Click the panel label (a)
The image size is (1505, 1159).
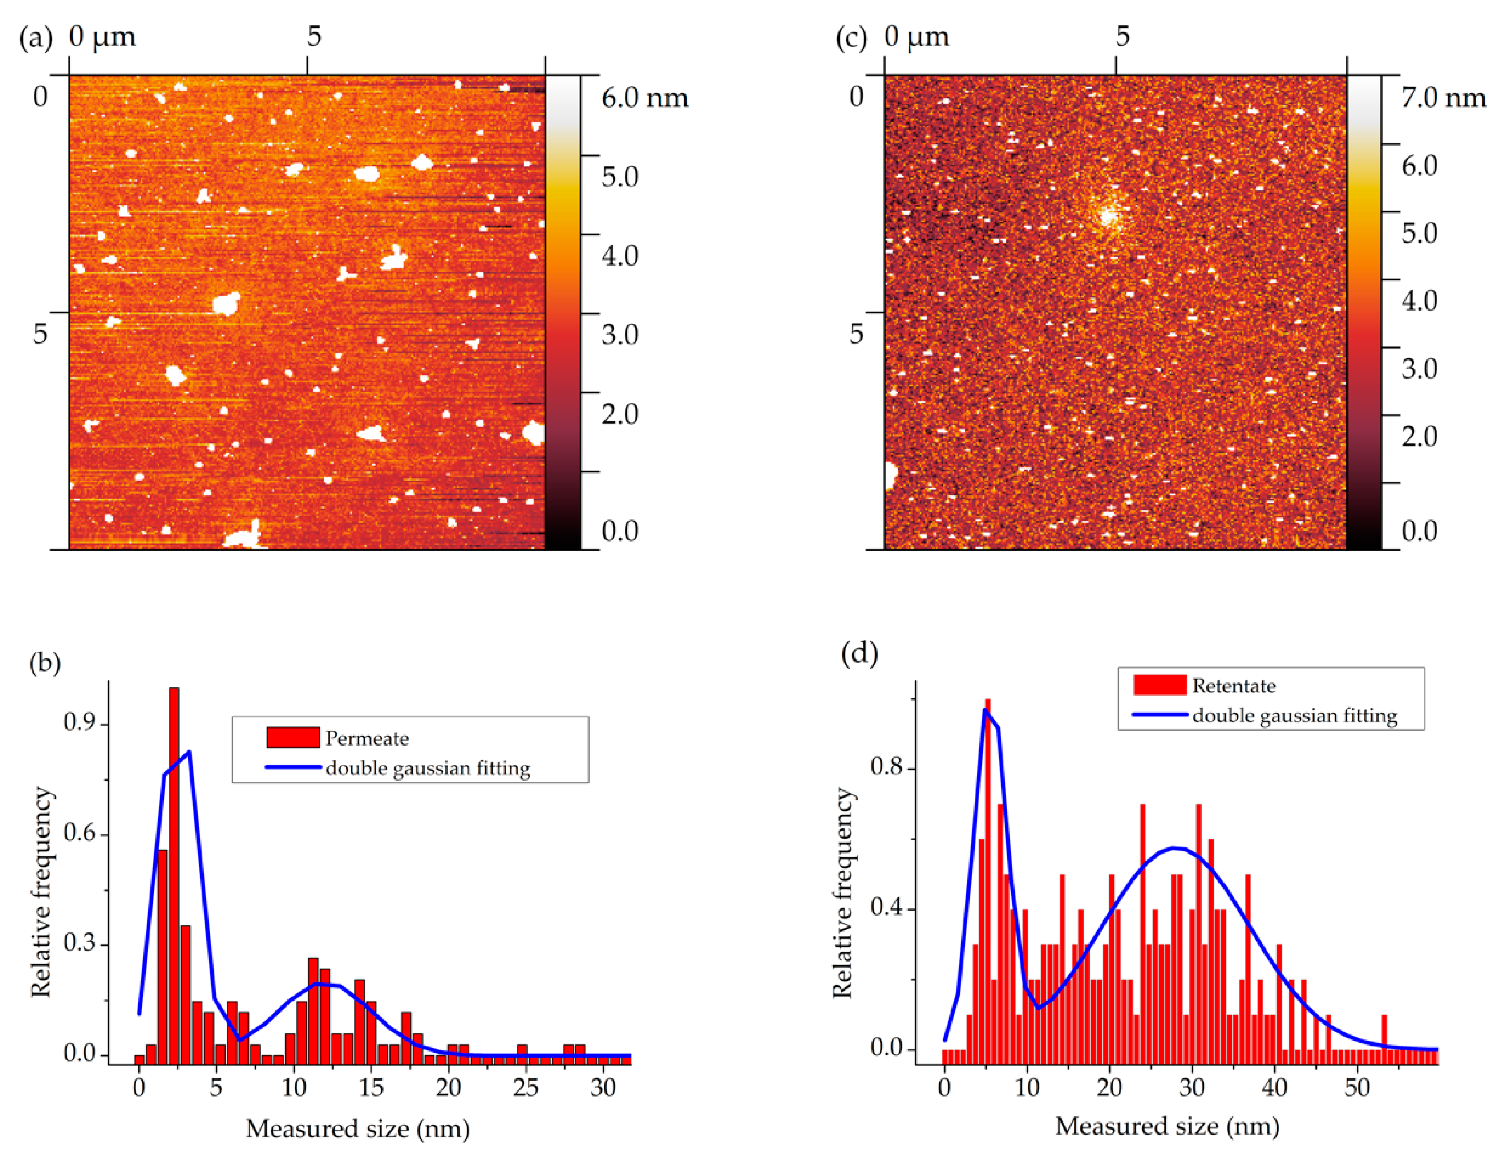click(36, 38)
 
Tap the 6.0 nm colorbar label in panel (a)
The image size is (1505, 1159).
click(644, 98)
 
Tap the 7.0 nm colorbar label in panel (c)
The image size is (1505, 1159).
click(1443, 98)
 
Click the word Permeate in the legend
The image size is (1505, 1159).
click(367, 739)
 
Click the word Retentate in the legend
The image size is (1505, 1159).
click(1234, 685)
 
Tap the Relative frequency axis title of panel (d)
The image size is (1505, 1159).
click(842, 892)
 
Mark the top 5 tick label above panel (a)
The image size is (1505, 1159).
click(314, 36)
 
